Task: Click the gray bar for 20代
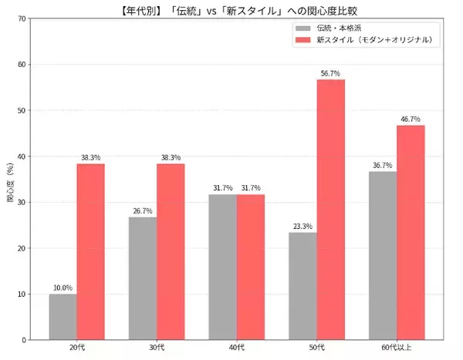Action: point(63,317)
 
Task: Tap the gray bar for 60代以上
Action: point(383,255)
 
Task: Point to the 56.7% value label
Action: point(330,74)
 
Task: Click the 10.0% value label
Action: point(63,288)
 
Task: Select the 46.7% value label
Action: point(411,119)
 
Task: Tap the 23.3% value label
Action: point(302,227)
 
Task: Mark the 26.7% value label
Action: point(143,211)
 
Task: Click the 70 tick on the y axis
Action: point(21,19)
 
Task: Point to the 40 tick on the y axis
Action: point(21,156)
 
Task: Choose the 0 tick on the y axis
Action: point(23,340)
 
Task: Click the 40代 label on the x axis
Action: point(236,349)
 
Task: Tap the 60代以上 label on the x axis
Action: point(397,349)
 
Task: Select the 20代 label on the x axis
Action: point(76,349)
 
